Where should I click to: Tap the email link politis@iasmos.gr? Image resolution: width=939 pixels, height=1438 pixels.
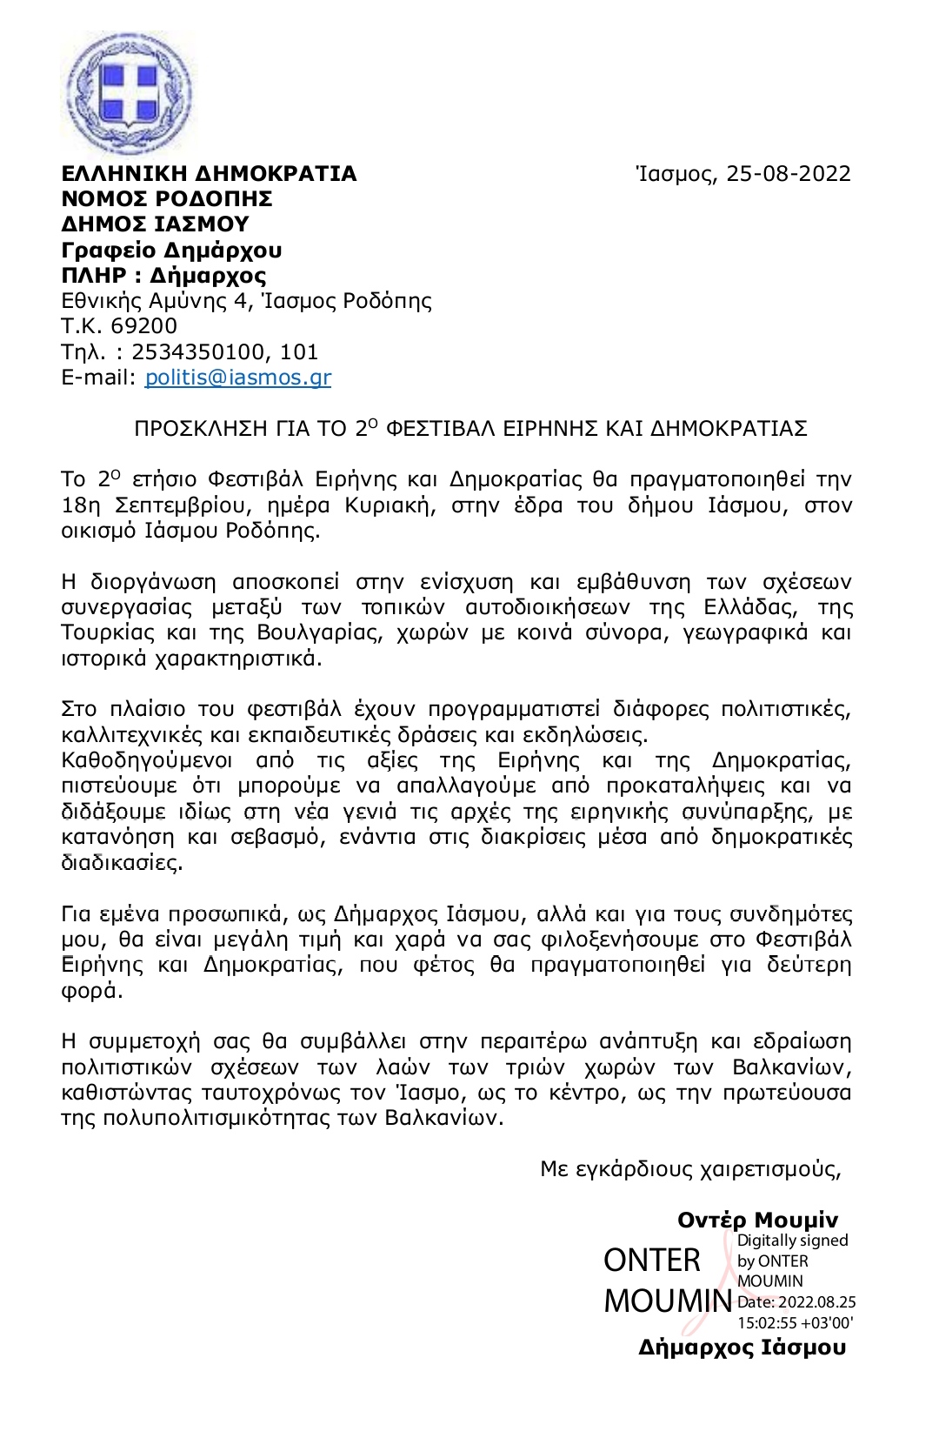click(x=238, y=378)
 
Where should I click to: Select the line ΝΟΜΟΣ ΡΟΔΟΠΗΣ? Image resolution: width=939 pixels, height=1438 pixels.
click(x=167, y=199)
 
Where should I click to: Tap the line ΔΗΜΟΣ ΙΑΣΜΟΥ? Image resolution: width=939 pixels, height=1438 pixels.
click(x=155, y=224)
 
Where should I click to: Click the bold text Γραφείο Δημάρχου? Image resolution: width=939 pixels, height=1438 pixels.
click(x=171, y=251)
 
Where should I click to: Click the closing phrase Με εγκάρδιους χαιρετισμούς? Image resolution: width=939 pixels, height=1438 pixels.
click(x=690, y=1169)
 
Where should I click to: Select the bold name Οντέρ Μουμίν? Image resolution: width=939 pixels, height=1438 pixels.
click(x=757, y=1221)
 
